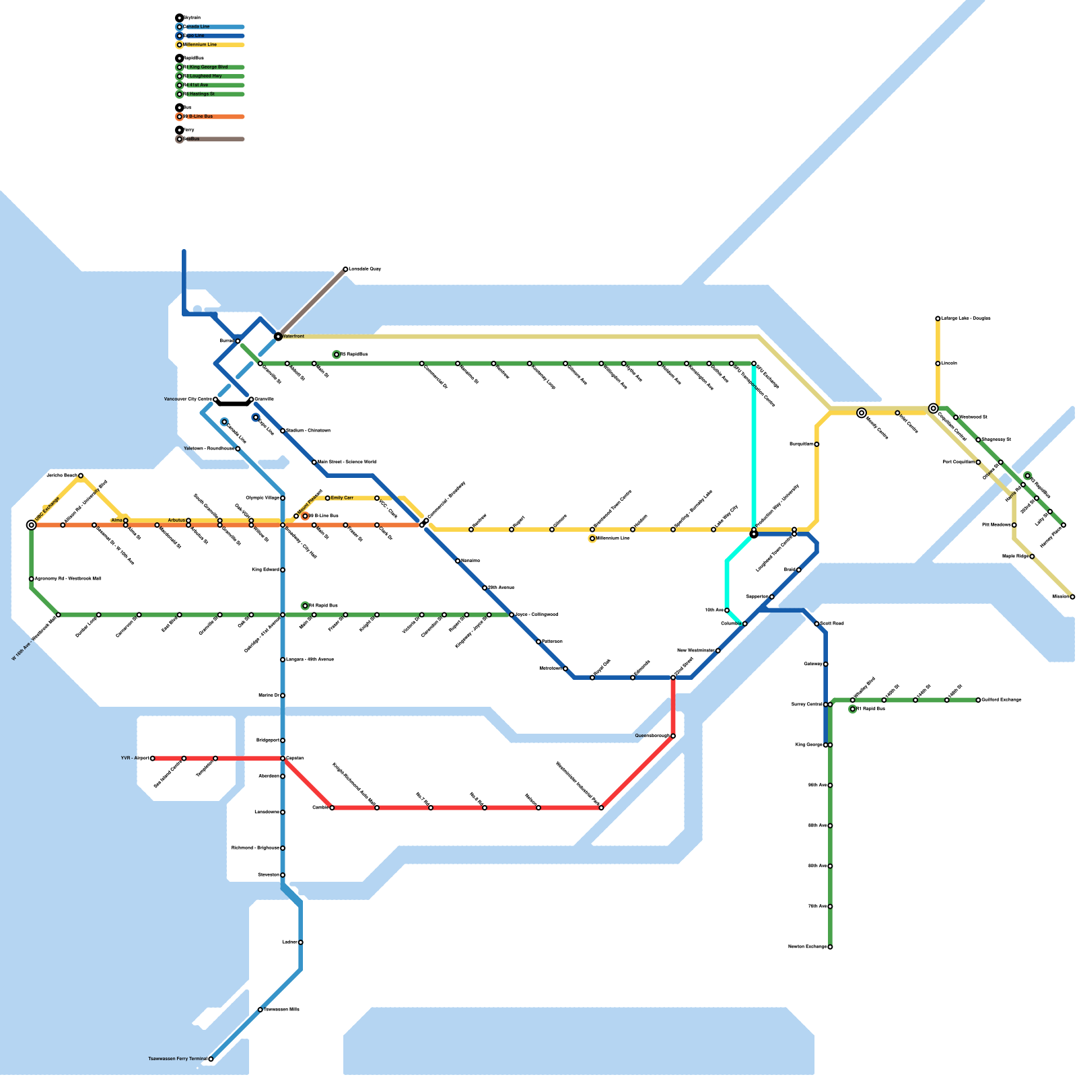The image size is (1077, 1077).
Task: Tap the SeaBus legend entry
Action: tap(191, 139)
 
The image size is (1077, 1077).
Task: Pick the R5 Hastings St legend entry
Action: tap(201, 94)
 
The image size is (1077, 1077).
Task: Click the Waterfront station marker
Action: tap(278, 336)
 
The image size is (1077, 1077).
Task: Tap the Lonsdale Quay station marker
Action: tap(345, 269)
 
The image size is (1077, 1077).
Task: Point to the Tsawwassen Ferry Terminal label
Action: tap(178, 1059)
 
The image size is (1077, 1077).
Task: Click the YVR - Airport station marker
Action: tap(153, 759)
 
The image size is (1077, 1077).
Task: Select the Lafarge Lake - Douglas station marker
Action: tap(938, 318)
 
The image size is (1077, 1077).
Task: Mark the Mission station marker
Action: tap(1072, 597)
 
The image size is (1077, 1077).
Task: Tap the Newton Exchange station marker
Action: tap(830, 947)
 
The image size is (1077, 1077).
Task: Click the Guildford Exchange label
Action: tap(1002, 700)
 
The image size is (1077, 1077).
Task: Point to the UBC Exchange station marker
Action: tap(32, 525)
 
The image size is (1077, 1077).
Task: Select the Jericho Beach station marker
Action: tap(81, 476)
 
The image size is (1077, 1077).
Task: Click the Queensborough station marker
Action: tap(673, 736)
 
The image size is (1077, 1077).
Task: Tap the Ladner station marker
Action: tap(301, 942)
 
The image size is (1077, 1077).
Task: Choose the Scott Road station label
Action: tap(832, 624)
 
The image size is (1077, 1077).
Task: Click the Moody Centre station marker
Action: tap(862, 413)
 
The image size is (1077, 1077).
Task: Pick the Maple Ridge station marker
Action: tap(1032, 557)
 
